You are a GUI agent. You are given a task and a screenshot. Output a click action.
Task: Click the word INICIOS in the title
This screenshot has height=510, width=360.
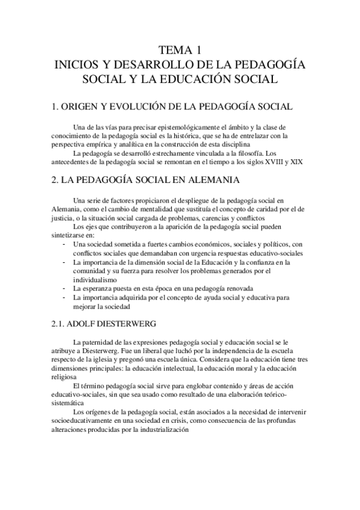(78, 64)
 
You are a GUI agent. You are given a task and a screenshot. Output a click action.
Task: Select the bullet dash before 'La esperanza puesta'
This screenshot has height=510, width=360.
(64, 288)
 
